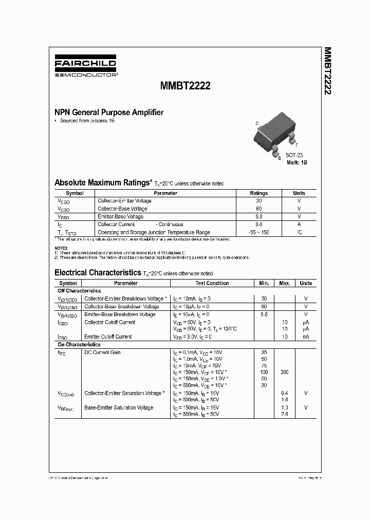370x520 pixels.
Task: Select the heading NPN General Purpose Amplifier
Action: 109,112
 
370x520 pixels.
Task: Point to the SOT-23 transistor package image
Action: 275,135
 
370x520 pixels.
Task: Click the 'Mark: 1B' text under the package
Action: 297,162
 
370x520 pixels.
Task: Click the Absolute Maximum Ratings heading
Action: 103,182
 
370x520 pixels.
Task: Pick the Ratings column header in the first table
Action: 258,193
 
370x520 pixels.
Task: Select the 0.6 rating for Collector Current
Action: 258,225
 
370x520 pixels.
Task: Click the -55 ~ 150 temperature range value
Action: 258,232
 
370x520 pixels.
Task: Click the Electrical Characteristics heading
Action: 98,272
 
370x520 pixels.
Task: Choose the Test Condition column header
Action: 212,283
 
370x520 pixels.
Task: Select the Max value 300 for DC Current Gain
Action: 284,371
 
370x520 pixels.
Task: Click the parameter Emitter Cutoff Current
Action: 108,337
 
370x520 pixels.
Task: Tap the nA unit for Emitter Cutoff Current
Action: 306,337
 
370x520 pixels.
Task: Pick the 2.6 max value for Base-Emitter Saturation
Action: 284,414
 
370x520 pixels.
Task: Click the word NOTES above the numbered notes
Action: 61,248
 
